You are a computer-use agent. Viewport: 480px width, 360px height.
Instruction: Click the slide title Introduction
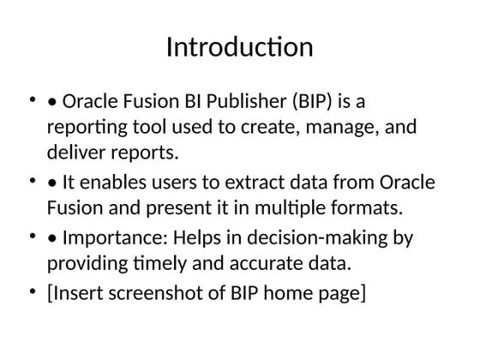pyautogui.click(x=239, y=46)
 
